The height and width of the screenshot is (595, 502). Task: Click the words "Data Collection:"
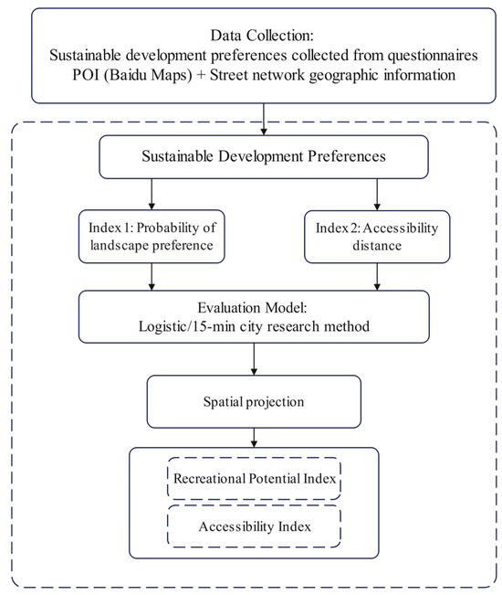coord(262,36)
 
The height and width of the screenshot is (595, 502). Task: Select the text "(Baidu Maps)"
coord(148,75)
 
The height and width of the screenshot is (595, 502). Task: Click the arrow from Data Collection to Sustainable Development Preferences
coord(264,119)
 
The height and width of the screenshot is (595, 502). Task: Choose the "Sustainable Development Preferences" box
coord(264,156)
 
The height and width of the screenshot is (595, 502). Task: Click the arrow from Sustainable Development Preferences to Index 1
coord(152,195)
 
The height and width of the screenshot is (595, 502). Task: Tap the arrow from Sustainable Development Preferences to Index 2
coord(377,195)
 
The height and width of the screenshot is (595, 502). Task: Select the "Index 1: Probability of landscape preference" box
coord(152,237)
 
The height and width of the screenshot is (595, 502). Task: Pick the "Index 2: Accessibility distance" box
coord(377,237)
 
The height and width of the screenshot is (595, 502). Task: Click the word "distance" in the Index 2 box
coord(377,246)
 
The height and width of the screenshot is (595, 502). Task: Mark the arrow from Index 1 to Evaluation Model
coord(152,277)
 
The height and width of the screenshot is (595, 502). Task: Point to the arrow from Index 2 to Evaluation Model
coord(377,277)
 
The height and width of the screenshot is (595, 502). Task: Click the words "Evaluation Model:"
coord(252,308)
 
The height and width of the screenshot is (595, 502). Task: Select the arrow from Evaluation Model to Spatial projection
coord(254,359)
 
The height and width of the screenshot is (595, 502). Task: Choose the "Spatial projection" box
coord(254,402)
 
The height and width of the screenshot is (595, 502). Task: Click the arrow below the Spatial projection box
coord(254,438)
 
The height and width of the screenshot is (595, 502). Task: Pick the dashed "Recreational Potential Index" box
coord(255,479)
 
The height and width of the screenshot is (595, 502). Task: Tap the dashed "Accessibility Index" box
coord(255,526)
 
